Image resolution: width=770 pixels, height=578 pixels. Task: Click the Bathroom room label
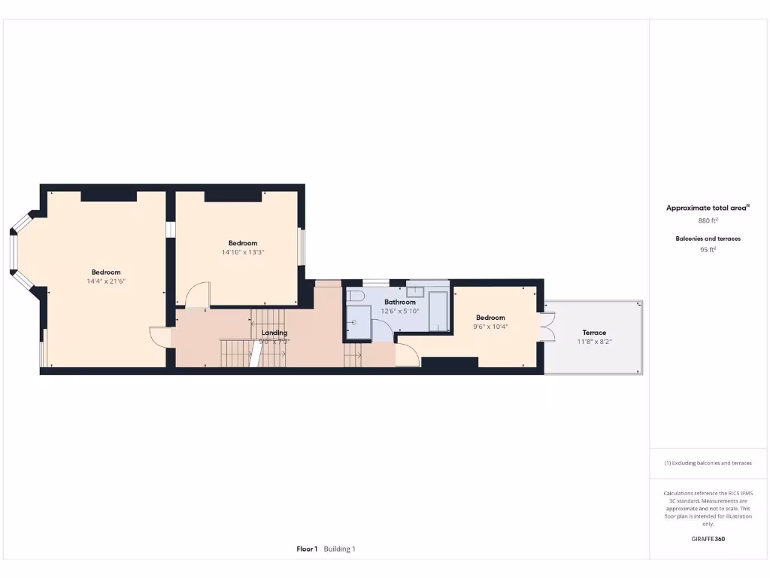(400, 302)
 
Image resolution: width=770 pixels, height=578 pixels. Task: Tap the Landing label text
(274, 333)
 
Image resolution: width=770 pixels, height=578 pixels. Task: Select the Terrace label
(593, 333)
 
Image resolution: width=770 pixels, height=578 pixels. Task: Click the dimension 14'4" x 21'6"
(105, 281)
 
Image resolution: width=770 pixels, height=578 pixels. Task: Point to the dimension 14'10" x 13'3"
(243, 252)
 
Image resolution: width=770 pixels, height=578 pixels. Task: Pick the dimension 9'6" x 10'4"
(490, 326)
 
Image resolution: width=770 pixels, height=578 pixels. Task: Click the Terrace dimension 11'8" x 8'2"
(593, 342)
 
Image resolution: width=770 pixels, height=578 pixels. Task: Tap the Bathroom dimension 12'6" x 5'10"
(400, 311)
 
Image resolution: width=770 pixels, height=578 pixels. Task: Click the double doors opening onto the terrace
(548, 326)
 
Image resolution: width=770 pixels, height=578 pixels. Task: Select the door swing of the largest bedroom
(161, 336)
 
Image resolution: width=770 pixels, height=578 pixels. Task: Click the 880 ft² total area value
(708, 221)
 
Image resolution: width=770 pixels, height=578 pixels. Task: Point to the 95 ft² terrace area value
(708, 250)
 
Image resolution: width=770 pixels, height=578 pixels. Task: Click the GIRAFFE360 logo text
(708, 539)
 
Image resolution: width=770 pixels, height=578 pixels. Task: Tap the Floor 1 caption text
(307, 549)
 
